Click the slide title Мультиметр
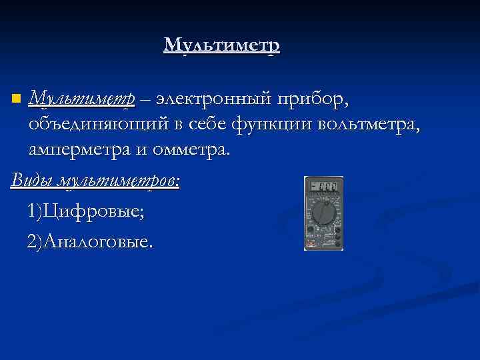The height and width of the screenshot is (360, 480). [221, 45]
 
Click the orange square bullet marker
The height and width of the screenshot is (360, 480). [16, 99]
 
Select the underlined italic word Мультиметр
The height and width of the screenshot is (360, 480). [82, 99]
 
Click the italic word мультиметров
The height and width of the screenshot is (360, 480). [120, 181]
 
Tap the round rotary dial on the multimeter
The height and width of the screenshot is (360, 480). [323, 213]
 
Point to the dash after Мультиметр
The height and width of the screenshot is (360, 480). [145, 99]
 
